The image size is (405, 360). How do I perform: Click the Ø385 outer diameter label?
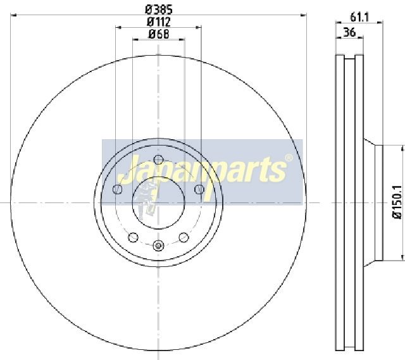pyautogui.click(x=158, y=9)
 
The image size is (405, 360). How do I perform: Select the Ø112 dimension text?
pyautogui.click(x=159, y=22)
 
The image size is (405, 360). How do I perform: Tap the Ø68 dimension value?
pyautogui.click(x=159, y=34)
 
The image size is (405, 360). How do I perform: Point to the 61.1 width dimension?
pyautogui.click(x=359, y=18)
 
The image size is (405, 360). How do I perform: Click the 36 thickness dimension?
pyautogui.click(x=349, y=32)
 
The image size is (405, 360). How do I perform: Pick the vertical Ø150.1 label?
pyautogui.click(x=398, y=202)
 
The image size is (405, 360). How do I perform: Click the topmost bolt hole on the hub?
pyautogui.click(x=158, y=159)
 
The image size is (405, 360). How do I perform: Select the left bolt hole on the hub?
pyautogui.click(x=118, y=189)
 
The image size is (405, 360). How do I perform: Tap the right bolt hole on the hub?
pyautogui.click(x=199, y=189)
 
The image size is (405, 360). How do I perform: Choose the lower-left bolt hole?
pyautogui.click(x=133, y=237)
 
